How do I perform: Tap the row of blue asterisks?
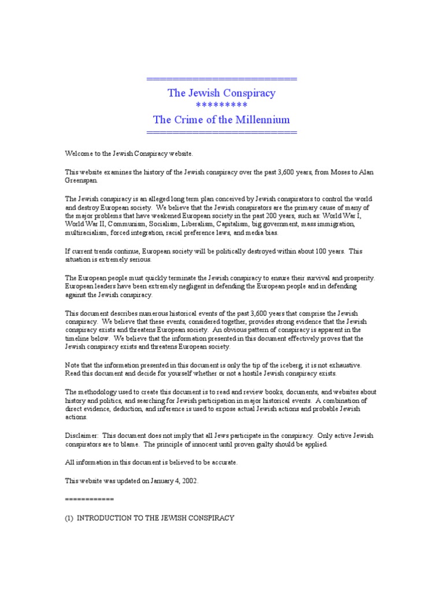coord(221,105)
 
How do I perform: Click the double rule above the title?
coord(221,79)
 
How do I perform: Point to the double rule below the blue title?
coord(221,133)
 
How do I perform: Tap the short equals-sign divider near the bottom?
coord(89,499)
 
